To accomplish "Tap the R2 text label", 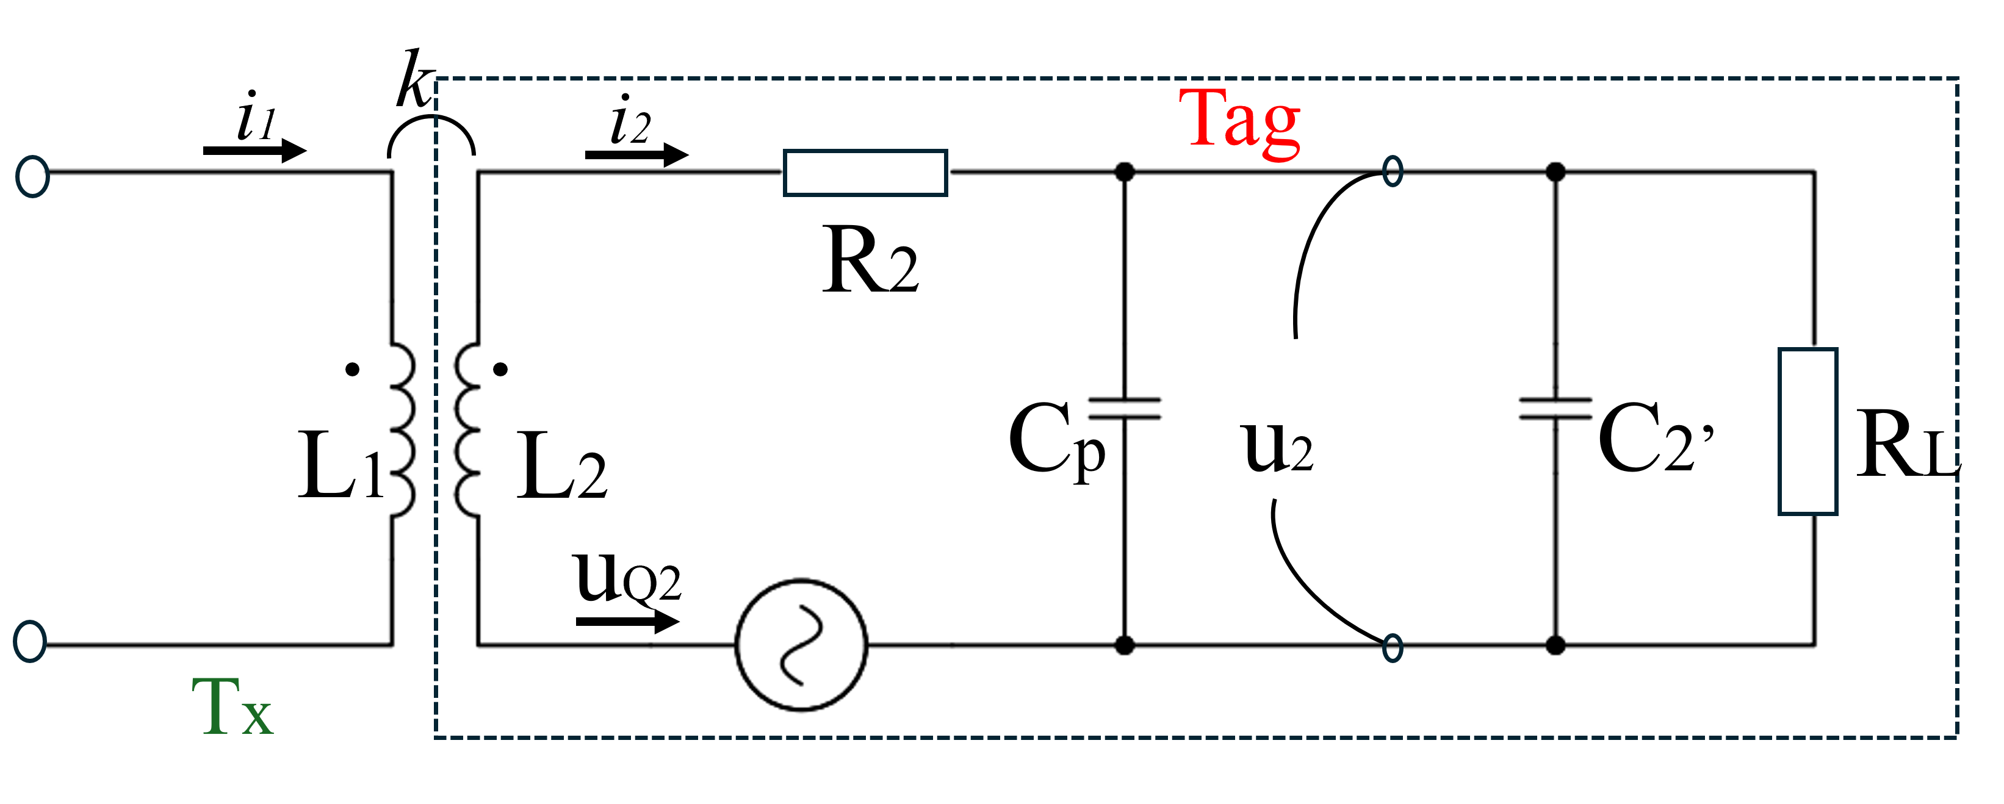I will [x=869, y=261].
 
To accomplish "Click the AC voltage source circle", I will [x=801, y=645].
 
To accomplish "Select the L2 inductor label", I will [x=560, y=467].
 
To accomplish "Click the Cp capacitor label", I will [x=1056, y=440].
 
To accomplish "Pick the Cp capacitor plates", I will [x=1124, y=409].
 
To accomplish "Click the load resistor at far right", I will [x=1808, y=431].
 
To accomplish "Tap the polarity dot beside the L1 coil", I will [x=353, y=369].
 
